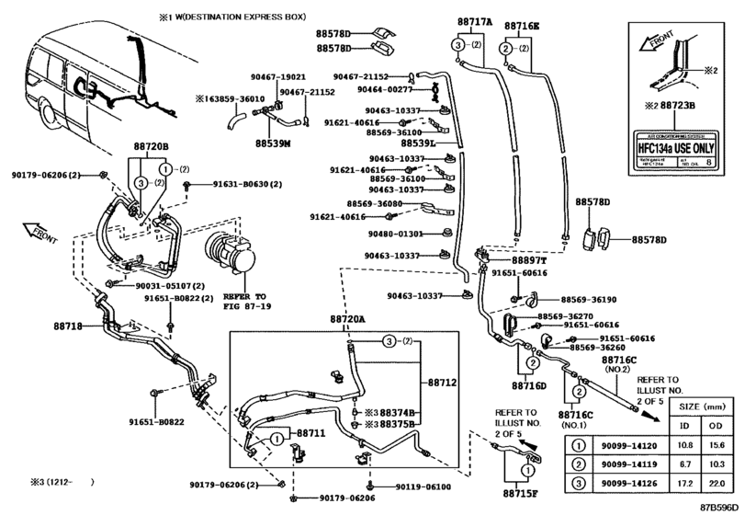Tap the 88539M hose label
pos(274,144)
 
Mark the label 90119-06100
pos(423,486)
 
